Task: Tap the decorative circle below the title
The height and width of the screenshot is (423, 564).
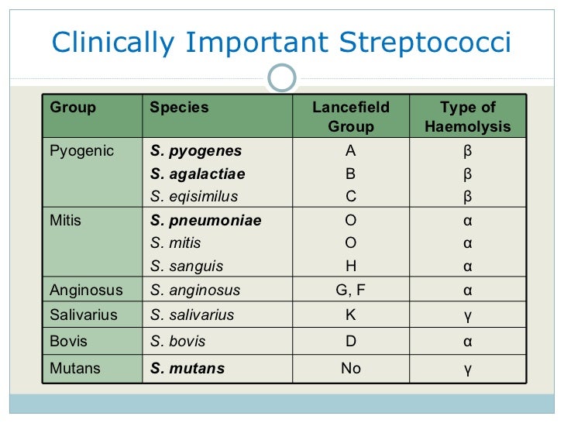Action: (282, 77)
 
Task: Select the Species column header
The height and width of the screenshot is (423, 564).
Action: (179, 108)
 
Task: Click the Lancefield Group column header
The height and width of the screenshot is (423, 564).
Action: (351, 117)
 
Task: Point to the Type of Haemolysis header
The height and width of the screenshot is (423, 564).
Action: (468, 117)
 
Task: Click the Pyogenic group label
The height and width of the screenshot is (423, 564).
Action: (81, 151)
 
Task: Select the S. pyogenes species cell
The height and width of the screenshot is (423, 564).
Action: (196, 151)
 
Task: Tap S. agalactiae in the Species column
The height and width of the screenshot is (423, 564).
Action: (198, 174)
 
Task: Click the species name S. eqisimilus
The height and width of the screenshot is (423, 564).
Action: (194, 196)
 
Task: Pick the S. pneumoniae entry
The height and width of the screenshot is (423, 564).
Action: (205, 221)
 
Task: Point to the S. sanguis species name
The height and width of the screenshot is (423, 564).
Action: (187, 267)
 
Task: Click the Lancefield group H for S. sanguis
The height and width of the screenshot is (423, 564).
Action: (351, 267)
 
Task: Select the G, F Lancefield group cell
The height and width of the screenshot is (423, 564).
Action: (351, 291)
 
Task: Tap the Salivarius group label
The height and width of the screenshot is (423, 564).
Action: (84, 315)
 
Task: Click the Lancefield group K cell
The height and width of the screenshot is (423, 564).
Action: (351, 315)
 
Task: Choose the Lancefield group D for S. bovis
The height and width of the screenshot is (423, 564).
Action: (351, 341)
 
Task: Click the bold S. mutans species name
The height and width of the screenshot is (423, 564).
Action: (187, 368)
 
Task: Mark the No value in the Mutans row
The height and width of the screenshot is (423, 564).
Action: (351, 368)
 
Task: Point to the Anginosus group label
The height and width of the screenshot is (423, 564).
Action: (86, 291)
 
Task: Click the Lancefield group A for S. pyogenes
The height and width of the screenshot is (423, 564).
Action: (351, 151)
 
